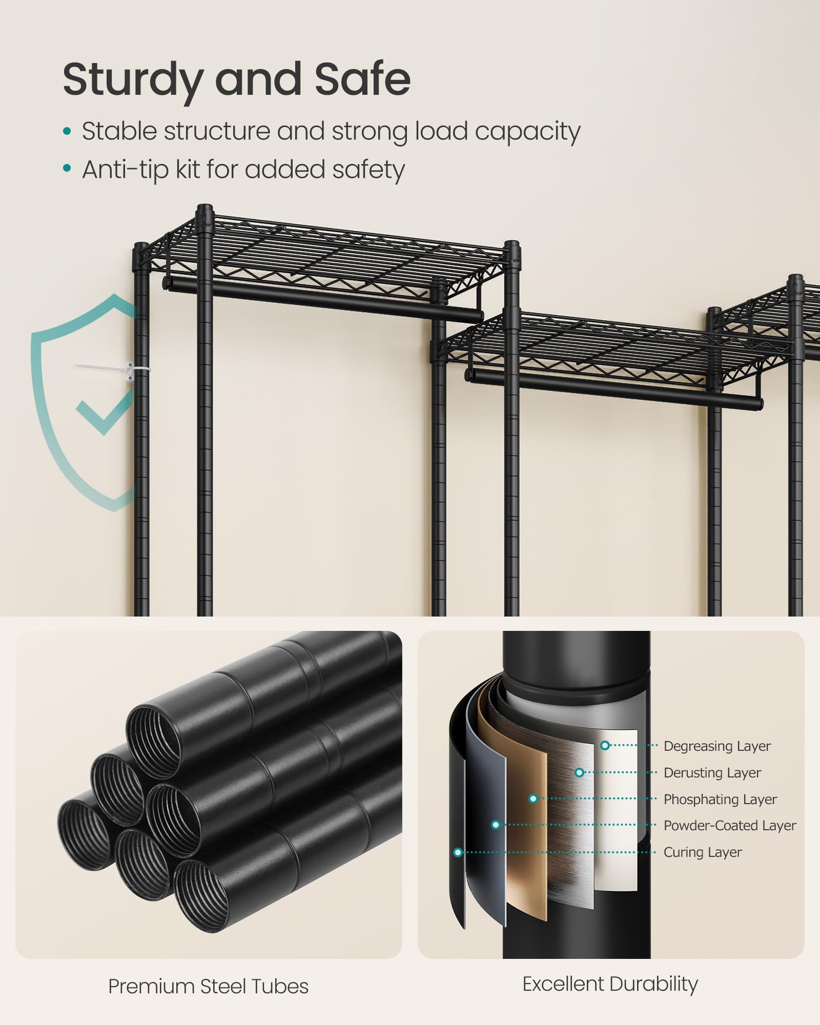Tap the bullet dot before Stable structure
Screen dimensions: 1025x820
pos(67,131)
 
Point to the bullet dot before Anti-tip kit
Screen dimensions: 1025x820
pos(67,168)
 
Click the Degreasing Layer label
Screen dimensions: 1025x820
pos(717,746)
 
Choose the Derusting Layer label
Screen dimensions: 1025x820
pos(712,773)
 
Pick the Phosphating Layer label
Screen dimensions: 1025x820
pos(720,799)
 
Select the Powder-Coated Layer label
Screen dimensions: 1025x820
pos(730,826)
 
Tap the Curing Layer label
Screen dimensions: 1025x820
pos(703,852)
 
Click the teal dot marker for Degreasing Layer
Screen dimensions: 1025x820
pos(605,746)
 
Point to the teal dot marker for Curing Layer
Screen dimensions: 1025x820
pos(458,852)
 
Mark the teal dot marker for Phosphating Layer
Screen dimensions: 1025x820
pos(533,799)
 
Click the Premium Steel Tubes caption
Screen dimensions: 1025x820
pos(208,987)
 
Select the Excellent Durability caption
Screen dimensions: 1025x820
pos(610,985)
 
